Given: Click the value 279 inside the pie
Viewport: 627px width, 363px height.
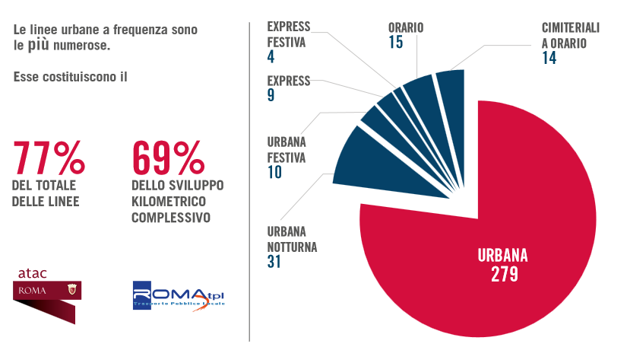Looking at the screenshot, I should click(504, 273).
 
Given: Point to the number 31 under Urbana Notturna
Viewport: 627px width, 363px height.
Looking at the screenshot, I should click(275, 262).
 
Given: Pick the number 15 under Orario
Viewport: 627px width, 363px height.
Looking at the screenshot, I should click(395, 43).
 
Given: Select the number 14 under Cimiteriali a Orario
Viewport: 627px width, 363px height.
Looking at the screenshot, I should click(549, 58).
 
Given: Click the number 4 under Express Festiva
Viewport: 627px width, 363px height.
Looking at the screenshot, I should click(271, 57).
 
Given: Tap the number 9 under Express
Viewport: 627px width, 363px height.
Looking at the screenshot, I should click(271, 96).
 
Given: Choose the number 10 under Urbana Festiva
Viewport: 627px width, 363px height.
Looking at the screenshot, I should click(274, 173).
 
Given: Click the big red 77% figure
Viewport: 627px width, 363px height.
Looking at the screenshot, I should click(49, 158).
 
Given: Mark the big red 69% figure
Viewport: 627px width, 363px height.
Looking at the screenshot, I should click(168, 158).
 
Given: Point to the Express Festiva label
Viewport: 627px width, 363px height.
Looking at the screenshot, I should click(289, 35).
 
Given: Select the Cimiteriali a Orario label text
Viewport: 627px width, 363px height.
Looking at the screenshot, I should click(571, 35).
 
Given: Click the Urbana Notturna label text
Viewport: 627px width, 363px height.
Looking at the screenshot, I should click(293, 239).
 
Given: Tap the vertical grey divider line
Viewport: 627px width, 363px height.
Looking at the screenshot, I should click(249, 183).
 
